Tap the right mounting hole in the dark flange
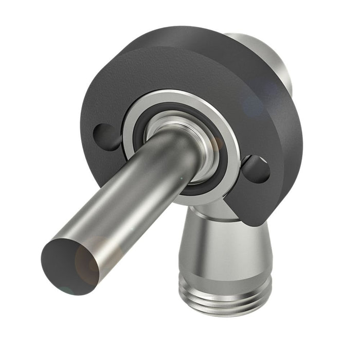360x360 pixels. pyautogui.click(x=256, y=169)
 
